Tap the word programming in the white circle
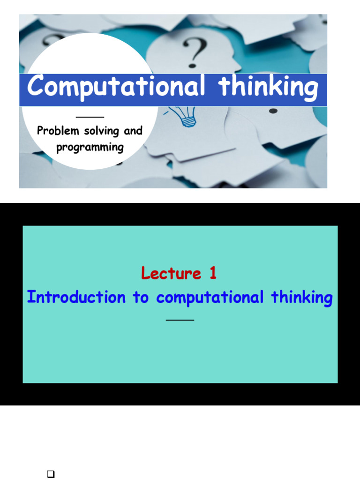(x=90, y=148)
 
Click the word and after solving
(x=133, y=131)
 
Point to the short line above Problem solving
(x=90, y=117)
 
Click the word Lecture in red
(x=171, y=273)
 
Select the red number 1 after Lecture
(x=212, y=273)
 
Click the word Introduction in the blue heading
(x=76, y=297)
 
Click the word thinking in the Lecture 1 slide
(x=302, y=298)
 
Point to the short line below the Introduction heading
(x=180, y=320)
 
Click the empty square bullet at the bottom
(x=52, y=474)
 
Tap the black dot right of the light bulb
(x=273, y=111)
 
